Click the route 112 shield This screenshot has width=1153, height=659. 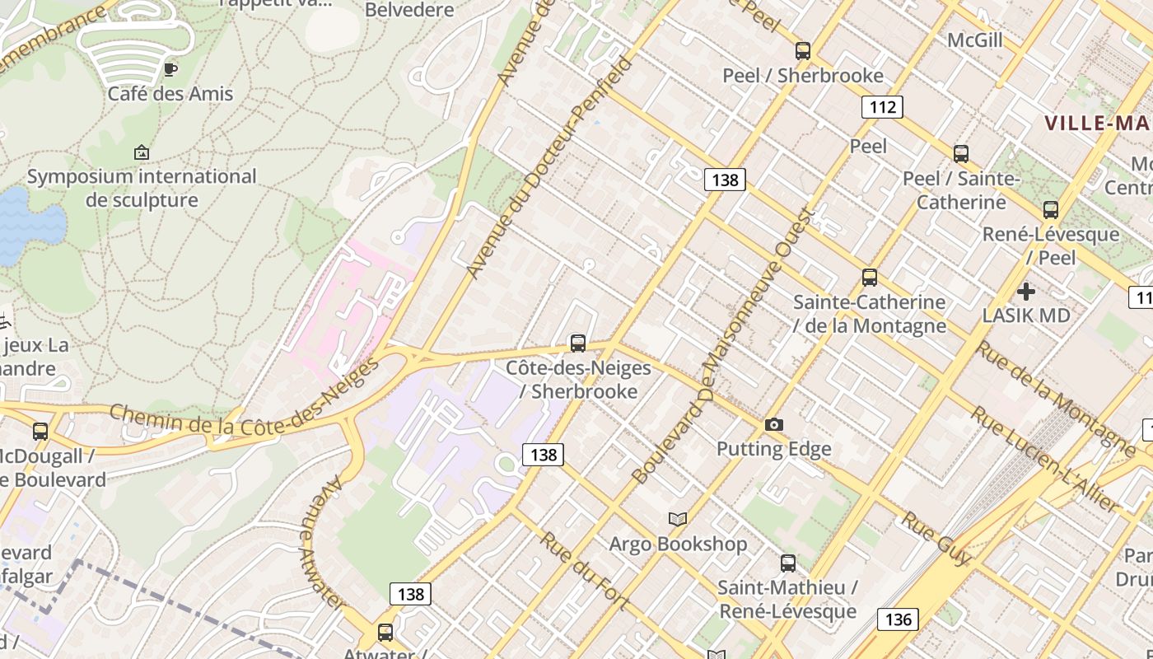pyautogui.click(x=882, y=107)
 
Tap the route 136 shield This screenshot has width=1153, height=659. pyautogui.click(x=898, y=619)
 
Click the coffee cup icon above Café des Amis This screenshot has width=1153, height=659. pyautogui.click(x=170, y=69)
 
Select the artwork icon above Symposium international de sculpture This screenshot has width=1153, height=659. pyautogui.click(x=142, y=152)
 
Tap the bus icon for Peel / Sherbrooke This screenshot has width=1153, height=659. pyautogui.click(x=803, y=51)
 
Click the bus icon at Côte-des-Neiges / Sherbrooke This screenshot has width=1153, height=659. pyautogui.click(x=578, y=344)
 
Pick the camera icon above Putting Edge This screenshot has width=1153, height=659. pyautogui.click(x=774, y=425)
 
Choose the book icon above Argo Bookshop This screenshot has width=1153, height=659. pyautogui.click(x=678, y=519)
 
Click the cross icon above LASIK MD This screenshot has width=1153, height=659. pyautogui.click(x=1026, y=292)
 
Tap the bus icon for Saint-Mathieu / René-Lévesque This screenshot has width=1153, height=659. pyautogui.click(x=788, y=563)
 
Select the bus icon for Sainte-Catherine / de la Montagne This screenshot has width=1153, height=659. pyautogui.click(x=870, y=278)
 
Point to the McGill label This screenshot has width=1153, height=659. pyautogui.click(x=975, y=40)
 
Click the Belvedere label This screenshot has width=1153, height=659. pyautogui.click(x=409, y=10)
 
